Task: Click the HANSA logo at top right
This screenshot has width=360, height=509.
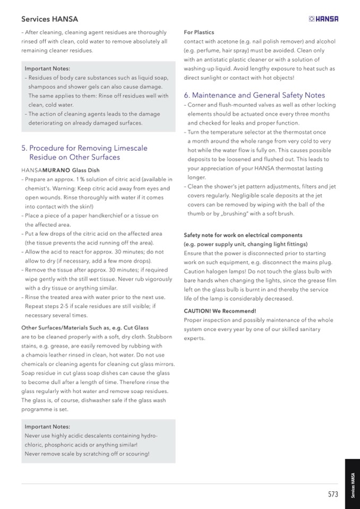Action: [323, 19]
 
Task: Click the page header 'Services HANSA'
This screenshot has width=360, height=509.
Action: [49, 19]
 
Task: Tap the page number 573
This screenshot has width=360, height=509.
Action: [333, 495]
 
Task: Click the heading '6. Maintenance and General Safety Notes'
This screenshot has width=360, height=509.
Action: [254, 96]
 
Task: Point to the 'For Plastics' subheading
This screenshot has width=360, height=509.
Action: [199, 32]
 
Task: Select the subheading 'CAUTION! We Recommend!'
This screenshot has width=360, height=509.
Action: [220, 311]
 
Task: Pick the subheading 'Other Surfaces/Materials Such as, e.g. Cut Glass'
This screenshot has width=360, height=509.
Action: [84, 328]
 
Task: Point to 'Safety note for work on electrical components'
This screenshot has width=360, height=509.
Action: [243, 235]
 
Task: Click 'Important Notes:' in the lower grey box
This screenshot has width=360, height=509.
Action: [47, 427]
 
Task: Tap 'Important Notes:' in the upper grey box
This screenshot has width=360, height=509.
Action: [47, 69]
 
